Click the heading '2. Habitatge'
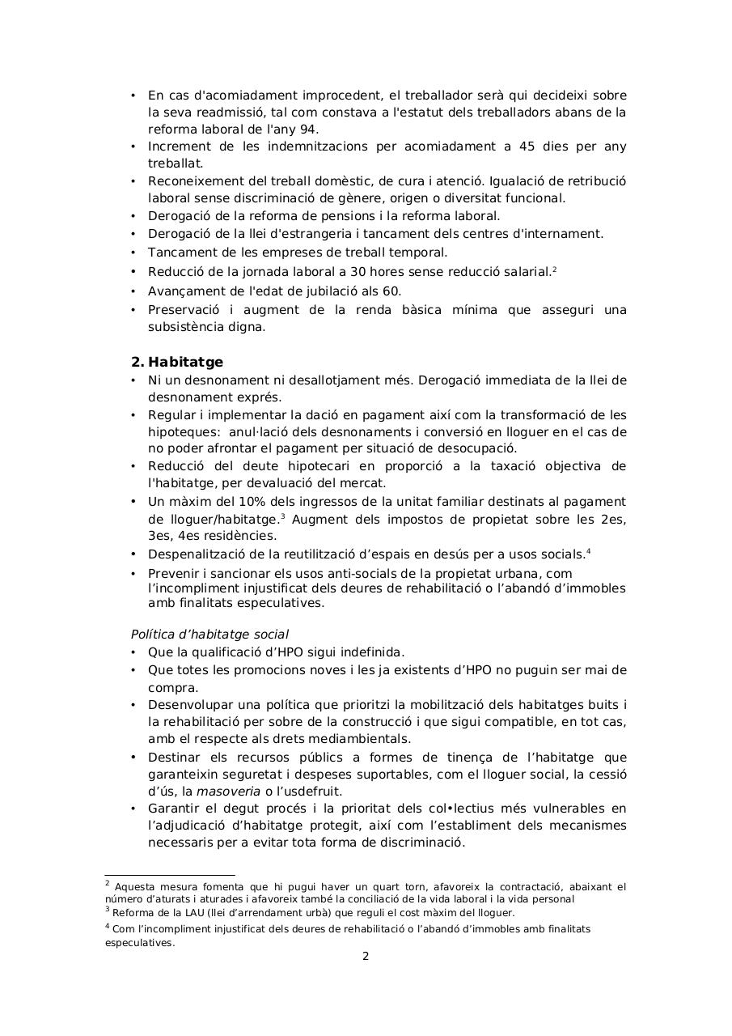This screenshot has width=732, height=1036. pyautogui.click(x=176, y=362)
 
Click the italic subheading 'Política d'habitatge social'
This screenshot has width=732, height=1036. pyautogui.click(x=209, y=635)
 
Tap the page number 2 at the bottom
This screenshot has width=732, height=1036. pyautogui.click(x=366, y=956)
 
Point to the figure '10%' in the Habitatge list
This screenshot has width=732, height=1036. pyautogui.click(x=228, y=502)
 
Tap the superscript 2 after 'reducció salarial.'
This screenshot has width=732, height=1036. pyautogui.click(x=554, y=269)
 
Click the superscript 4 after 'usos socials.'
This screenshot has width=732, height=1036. pyautogui.click(x=588, y=551)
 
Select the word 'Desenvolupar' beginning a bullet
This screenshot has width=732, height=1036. pyautogui.click(x=188, y=705)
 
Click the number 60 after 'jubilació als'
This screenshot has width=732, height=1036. pyautogui.click(x=391, y=291)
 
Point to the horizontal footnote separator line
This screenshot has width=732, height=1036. pyautogui.click(x=170, y=875)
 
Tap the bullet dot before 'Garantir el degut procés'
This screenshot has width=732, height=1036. pyautogui.click(x=133, y=809)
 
